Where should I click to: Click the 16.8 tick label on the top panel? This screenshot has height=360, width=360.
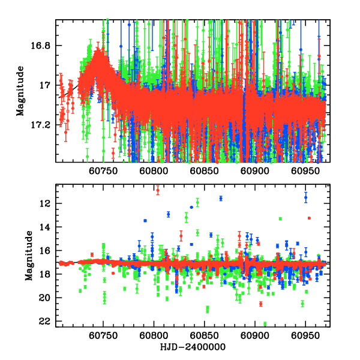coord(43,46)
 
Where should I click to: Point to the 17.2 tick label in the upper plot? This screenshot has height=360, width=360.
coord(43,125)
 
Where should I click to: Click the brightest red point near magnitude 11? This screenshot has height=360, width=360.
coord(158,190)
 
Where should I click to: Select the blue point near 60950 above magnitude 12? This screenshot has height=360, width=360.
coord(306,197)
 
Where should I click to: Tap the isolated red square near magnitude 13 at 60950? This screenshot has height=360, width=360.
coord(309,218)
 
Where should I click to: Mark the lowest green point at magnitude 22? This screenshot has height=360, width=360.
coord(265,324)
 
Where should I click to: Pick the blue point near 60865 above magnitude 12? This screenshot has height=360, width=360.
coord(221,198)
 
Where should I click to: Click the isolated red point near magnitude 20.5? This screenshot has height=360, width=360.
coord(260,304)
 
